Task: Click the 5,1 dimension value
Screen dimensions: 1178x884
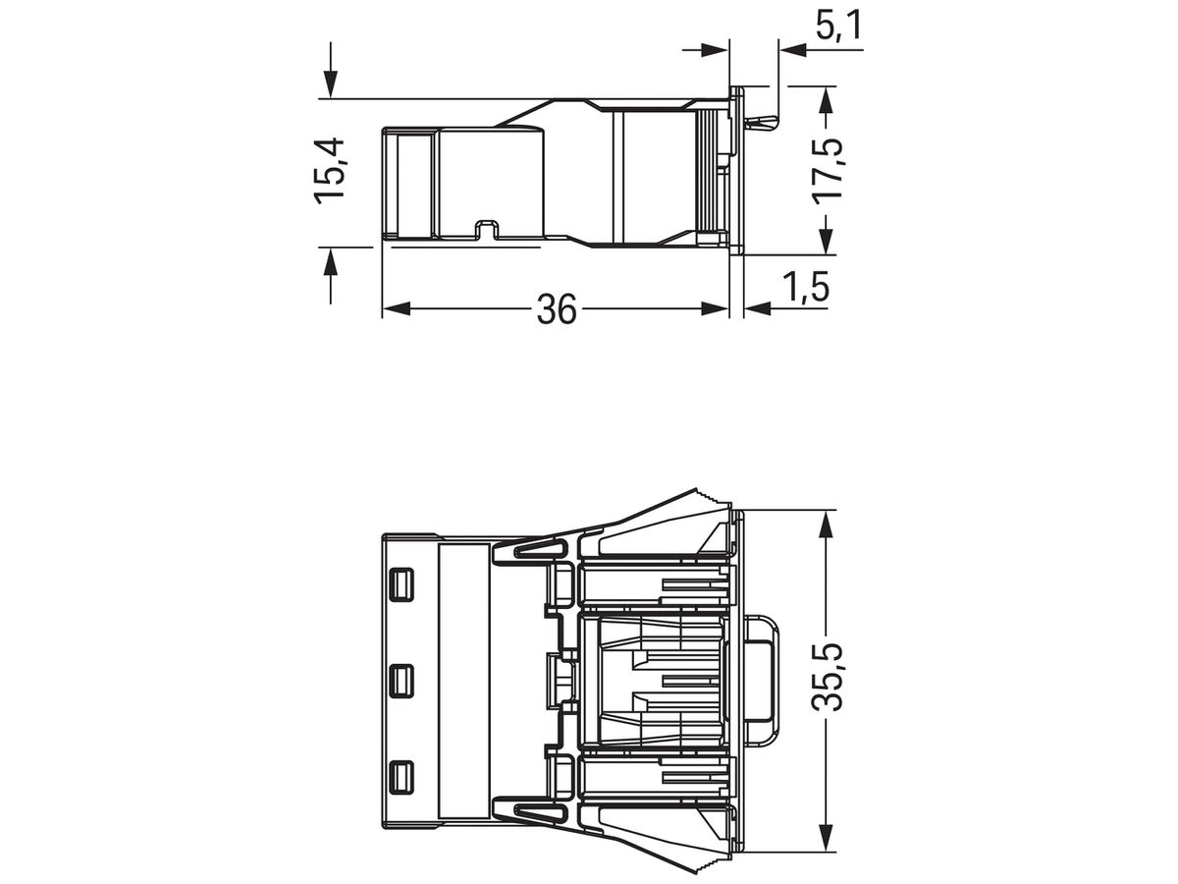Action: [838, 26]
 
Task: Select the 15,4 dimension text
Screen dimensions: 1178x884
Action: [329, 171]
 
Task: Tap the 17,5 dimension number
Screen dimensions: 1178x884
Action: [827, 171]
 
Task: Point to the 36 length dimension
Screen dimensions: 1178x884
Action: [557, 309]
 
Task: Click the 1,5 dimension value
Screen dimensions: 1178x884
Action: [806, 287]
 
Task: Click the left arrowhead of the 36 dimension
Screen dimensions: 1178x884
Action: [397, 308]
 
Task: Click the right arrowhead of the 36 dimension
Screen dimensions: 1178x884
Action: [715, 308]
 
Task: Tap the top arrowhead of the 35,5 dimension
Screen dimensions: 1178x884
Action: [827, 524]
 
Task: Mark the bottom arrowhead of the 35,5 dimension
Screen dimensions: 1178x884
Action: [827, 836]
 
